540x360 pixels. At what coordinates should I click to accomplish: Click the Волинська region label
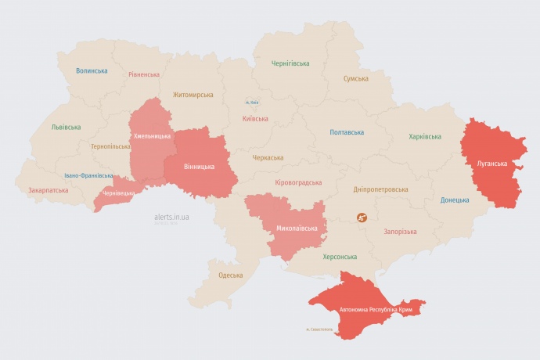pos(92,70)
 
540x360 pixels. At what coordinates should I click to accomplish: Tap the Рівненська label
pos(144,74)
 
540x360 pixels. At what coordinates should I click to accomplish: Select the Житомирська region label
pos(193,95)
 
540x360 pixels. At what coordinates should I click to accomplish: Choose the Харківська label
pos(425,136)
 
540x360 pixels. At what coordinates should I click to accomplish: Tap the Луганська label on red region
pos(491,164)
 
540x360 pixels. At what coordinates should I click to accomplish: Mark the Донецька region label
pos(455,200)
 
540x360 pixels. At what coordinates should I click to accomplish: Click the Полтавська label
pos(347,132)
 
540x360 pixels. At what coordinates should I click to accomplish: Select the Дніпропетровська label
pos(381,189)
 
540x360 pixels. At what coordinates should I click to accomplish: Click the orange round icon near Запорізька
pos(362,218)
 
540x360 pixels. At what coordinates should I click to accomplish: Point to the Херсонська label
pos(340,257)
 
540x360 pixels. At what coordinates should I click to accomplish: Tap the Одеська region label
pos(230,275)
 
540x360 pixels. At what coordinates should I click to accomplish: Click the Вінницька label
pos(200,167)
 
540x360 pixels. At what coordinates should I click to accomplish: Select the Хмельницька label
pos(152,136)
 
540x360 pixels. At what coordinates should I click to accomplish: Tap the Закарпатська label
pos(48,190)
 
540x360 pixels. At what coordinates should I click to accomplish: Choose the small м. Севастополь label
pos(319,329)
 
